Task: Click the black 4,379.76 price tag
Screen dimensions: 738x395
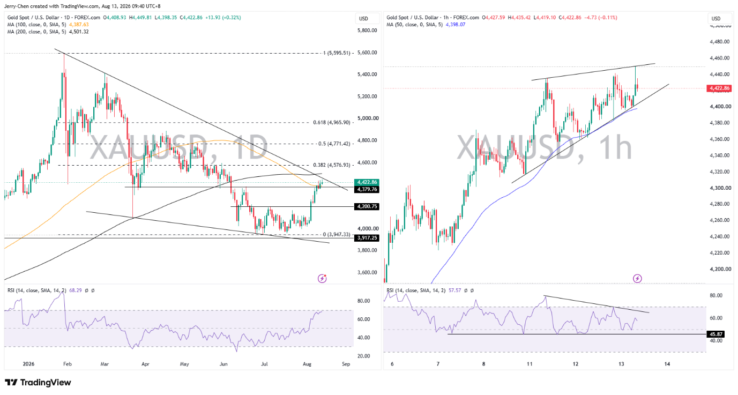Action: click(367, 189)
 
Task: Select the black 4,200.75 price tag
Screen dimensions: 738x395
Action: click(367, 206)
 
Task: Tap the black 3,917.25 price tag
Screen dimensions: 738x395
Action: click(367, 238)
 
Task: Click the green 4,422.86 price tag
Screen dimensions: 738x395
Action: click(367, 182)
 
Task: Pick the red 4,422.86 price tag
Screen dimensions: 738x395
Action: click(719, 88)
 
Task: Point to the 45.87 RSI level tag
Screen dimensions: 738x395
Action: click(715, 334)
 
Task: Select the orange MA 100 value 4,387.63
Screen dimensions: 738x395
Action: click(79, 24)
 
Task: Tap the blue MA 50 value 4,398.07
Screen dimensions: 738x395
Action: click(456, 24)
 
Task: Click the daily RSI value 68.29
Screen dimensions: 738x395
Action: click(76, 290)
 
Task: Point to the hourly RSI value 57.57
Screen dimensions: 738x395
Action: click(454, 290)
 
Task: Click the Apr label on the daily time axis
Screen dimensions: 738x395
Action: click(145, 364)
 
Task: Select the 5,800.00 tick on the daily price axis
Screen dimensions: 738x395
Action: click(367, 31)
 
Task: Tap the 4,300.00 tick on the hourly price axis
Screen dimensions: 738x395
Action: click(720, 188)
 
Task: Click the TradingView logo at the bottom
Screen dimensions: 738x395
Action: click(38, 383)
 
